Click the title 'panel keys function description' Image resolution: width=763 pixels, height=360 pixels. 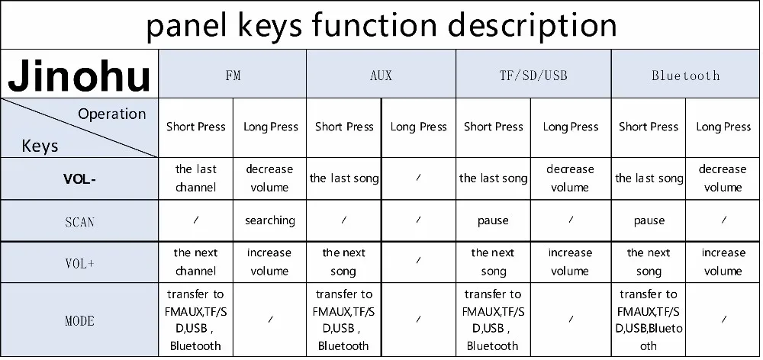coord(381,25)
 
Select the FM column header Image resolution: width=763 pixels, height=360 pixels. coord(233,76)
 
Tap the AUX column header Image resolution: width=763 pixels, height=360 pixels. coord(381,76)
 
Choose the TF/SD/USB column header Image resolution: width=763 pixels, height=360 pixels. coord(533,76)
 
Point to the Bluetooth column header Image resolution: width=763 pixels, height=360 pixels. coord(685,76)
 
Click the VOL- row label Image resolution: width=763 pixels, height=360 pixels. coord(79,179)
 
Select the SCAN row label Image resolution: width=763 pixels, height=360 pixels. coord(79,221)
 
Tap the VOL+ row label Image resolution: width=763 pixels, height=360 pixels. coord(79,263)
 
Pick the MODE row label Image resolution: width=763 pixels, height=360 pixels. coord(79,320)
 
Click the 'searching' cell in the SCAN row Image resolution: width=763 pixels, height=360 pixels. coord(270,220)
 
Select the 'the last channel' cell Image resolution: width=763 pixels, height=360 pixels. coord(195,178)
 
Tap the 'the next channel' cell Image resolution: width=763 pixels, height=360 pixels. coord(195,262)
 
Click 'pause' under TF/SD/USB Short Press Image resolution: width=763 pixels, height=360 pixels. coord(493,220)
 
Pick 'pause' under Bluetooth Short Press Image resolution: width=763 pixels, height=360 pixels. coord(649,220)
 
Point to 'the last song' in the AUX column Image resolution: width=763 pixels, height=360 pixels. coord(344,178)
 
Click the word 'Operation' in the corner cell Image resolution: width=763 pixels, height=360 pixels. coord(111,114)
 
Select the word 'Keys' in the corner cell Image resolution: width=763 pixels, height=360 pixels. coord(40,145)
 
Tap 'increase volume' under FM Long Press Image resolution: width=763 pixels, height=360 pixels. coord(269,262)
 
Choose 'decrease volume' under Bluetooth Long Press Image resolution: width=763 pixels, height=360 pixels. coord(723,178)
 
